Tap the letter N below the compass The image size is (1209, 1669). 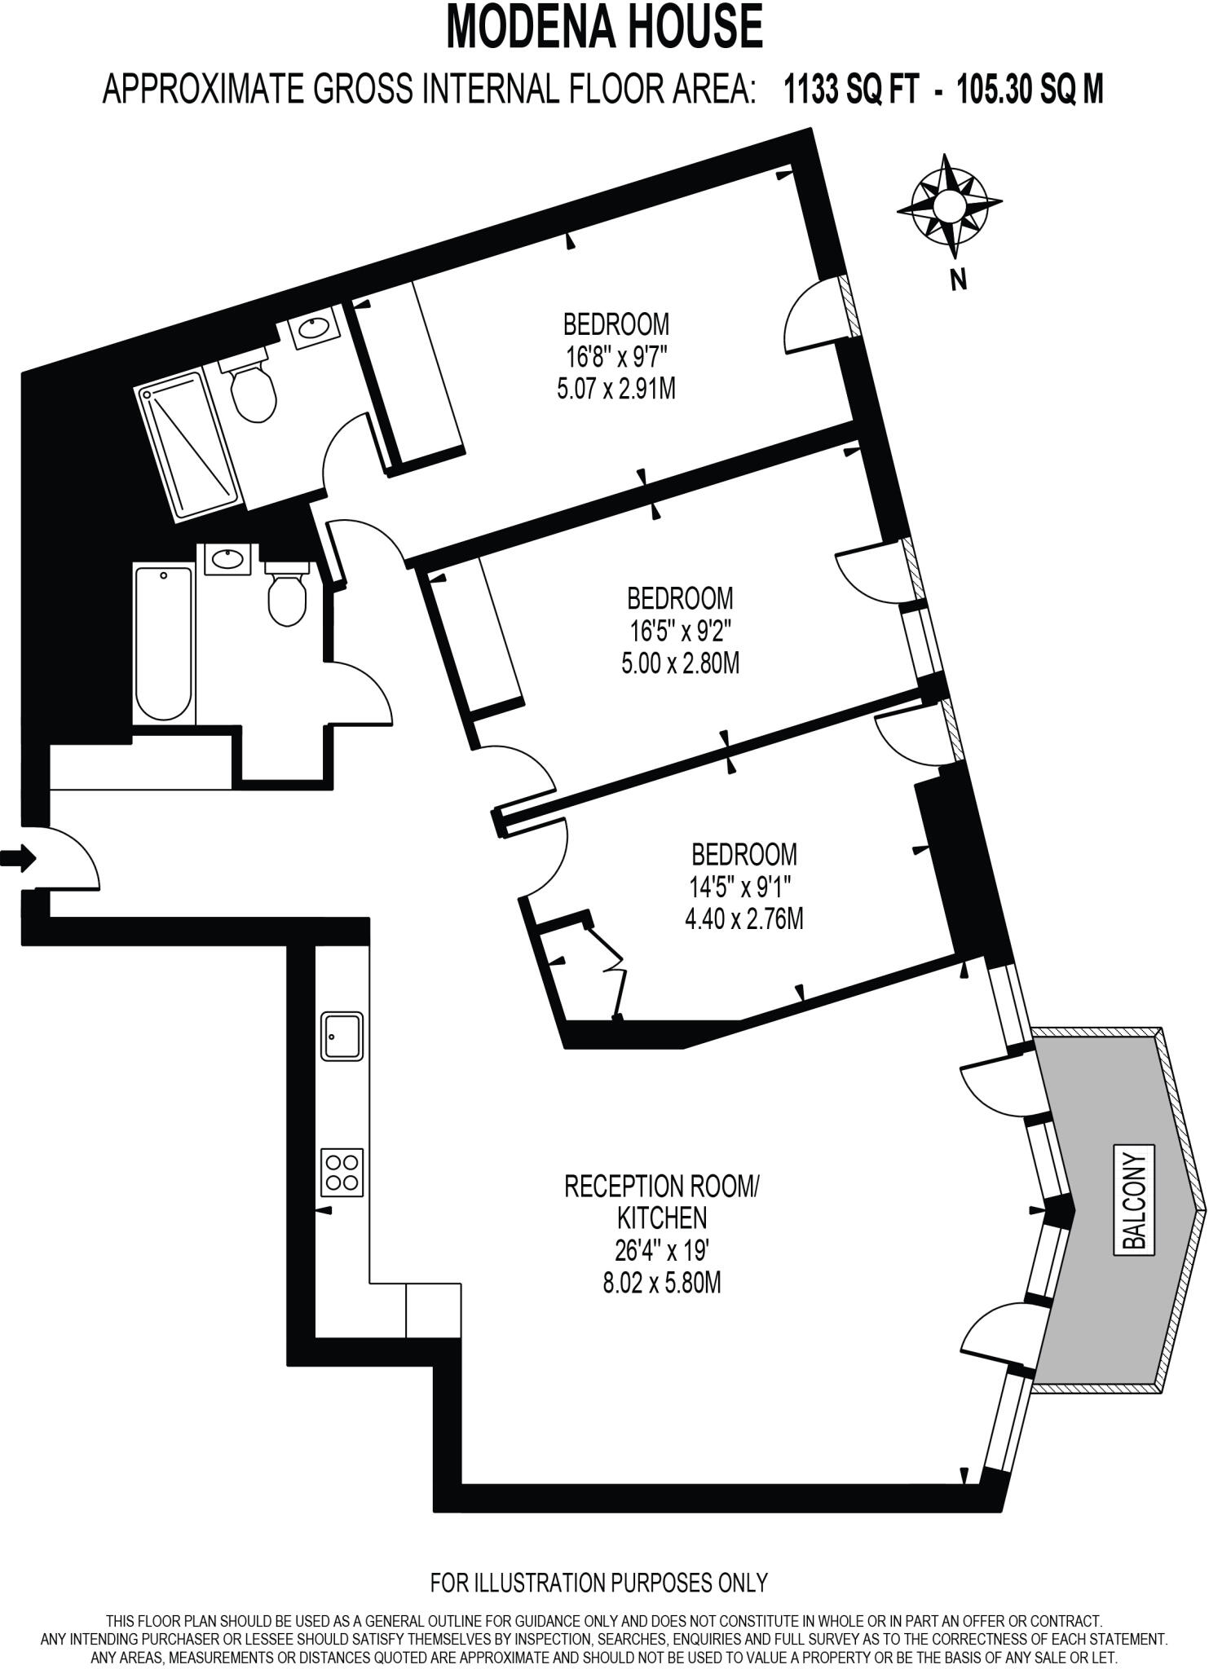[x=959, y=280]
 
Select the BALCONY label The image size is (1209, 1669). [x=1134, y=1201]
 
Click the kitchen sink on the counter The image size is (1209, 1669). [x=342, y=1036]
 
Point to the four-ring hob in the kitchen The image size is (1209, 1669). [x=342, y=1173]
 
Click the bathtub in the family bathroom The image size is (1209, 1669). [x=164, y=644]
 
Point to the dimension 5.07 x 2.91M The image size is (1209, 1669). [x=616, y=390]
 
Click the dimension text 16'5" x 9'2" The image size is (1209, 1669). [x=679, y=631]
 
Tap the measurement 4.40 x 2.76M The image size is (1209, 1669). [x=743, y=919]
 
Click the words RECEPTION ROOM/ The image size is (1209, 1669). [x=661, y=1186]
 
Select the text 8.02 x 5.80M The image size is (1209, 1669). [x=661, y=1284]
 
